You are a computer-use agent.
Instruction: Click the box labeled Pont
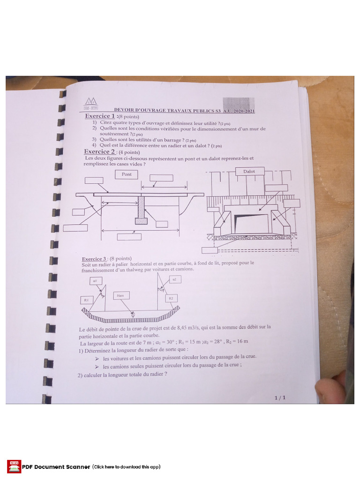tap(127, 174)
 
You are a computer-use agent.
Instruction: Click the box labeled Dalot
tap(249, 172)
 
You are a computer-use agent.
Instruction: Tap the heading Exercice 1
tap(100, 116)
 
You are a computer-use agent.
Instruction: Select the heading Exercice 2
tap(99, 152)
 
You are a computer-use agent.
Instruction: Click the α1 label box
tap(95, 280)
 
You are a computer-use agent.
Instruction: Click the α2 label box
tap(174, 279)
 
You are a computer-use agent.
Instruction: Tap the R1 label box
tap(86, 300)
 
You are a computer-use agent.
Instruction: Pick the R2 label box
tap(171, 298)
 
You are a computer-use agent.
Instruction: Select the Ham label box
tap(121, 296)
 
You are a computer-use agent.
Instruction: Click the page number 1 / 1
tap(280, 397)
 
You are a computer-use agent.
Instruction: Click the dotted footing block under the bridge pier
tap(141, 220)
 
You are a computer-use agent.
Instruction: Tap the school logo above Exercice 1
tap(90, 104)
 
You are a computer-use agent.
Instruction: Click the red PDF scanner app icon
tap(14, 466)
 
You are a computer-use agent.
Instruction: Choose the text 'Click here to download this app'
tap(127, 467)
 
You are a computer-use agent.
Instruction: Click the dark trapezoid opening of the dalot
tap(251, 223)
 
